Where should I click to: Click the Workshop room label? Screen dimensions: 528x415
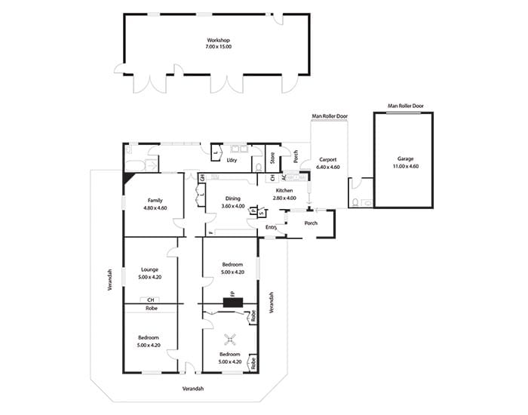pyautogui.click(x=218, y=40)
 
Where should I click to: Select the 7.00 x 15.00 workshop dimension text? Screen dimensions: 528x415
pyautogui.click(x=218, y=47)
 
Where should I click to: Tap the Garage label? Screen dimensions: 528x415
pyautogui.click(x=405, y=158)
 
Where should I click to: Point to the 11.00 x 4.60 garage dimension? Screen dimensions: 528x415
pyautogui.click(x=406, y=166)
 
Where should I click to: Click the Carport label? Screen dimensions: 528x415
pyautogui.click(x=327, y=160)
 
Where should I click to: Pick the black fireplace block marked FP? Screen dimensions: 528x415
pyautogui.click(x=233, y=302)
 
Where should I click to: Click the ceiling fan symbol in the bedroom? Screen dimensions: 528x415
pyautogui.click(x=230, y=340)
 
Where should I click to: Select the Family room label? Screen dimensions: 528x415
pyautogui.click(x=155, y=201)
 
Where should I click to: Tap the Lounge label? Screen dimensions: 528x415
pyautogui.click(x=149, y=269)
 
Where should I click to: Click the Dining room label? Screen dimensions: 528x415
pyautogui.click(x=232, y=198)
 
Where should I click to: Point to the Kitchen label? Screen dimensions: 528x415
pyautogui.click(x=284, y=190)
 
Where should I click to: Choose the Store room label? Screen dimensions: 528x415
pyautogui.click(x=272, y=158)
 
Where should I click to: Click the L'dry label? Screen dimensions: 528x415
pyautogui.click(x=232, y=160)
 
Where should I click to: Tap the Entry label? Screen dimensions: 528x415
pyautogui.click(x=271, y=227)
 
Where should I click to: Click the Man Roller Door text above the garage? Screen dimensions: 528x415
pyautogui.click(x=406, y=106)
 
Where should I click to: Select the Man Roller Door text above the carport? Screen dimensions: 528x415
pyautogui.click(x=330, y=116)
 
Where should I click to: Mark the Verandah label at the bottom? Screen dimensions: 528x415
pyautogui.click(x=193, y=389)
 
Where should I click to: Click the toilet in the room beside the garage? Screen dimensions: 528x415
pyautogui.click(x=355, y=202)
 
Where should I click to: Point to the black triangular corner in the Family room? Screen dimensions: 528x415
pyautogui.click(x=129, y=178)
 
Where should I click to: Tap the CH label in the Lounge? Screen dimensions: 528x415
pyautogui.click(x=151, y=300)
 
